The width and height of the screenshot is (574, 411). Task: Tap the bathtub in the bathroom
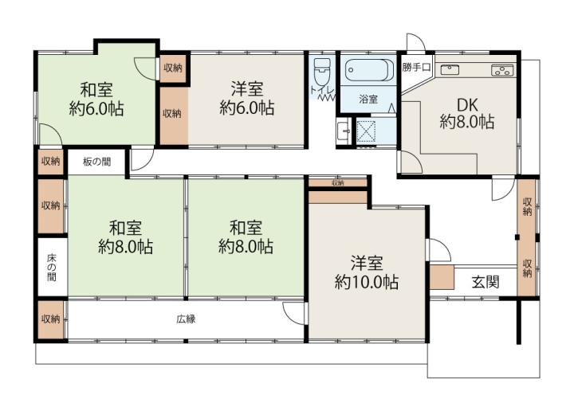coord(368,70)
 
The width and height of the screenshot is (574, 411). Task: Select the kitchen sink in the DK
coord(450,69)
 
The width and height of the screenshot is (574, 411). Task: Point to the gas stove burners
coord(502,70)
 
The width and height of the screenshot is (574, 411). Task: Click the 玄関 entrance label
coord(486,282)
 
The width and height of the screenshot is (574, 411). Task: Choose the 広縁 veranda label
coord(186,319)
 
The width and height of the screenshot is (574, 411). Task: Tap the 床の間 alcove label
coord(52,268)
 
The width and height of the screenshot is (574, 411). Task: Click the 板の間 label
coord(96,162)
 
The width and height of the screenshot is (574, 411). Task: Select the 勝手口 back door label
coord(416,67)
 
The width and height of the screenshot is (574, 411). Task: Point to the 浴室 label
coord(368,99)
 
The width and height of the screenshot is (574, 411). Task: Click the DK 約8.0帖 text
coord(467,113)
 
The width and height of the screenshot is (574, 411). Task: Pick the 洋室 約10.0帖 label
coord(367,272)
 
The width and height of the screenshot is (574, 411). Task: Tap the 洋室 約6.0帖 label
coord(247,98)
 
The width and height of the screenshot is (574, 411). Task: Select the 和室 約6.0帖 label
coord(96,99)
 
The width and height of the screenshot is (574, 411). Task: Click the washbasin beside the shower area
coord(344,131)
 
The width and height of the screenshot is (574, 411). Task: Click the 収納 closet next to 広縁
coord(51,319)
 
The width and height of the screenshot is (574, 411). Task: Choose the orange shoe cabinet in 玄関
coord(442,277)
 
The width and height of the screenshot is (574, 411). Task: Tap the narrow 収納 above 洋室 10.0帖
coord(337,182)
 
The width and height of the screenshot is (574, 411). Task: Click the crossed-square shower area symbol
coord(366,131)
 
